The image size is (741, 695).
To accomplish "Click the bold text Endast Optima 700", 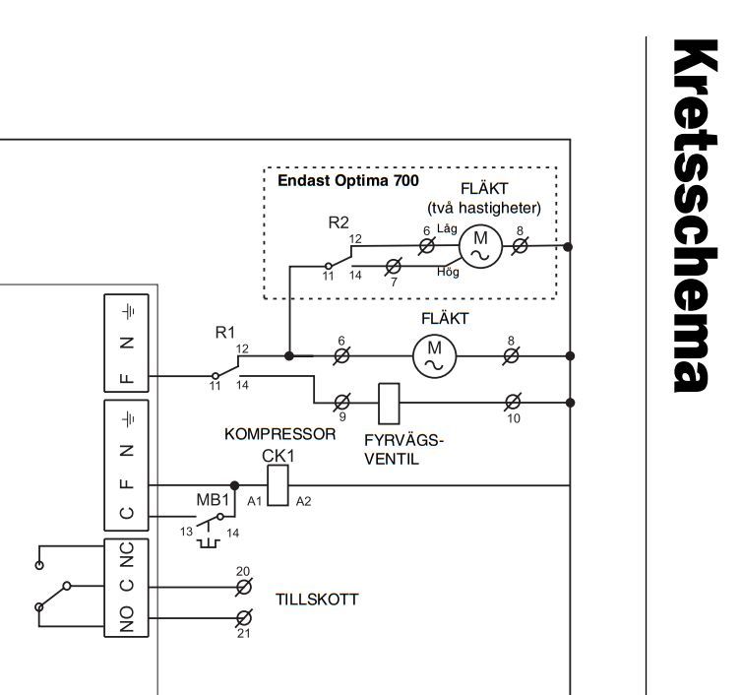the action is pyautogui.click(x=347, y=180).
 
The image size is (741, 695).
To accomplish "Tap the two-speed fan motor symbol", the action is pyautogui.click(x=480, y=246).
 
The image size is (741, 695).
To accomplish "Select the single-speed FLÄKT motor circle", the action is pyautogui.click(x=434, y=355).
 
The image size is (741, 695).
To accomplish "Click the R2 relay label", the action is pyautogui.click(x=339, y=222).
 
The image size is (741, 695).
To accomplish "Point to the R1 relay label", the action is pyautogui.click(x=225, y=333).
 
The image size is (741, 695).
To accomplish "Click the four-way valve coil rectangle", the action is pyautogui.click(x=389, y=404).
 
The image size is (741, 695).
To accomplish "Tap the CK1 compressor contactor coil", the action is pyautogui.click(x=278, y=485).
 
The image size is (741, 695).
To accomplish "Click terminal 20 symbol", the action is pyautogui.click(x=244, y=587).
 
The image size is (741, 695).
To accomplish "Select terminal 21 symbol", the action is pyautogui.click(x=244, y=618).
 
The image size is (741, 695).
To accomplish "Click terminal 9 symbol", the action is pyautogui.click(x=341, y=403).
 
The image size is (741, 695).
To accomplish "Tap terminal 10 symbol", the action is pyautogui.click(x=513, y=403).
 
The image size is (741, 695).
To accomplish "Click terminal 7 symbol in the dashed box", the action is pyautogui.click(x=393, y=267).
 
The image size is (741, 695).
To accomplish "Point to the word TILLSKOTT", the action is pyautogui.click(x=317, y=600).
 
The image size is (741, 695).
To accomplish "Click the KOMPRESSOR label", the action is pyautogui.click(x=279, y=434).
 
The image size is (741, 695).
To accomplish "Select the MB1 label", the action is pyautogui.click(x=213, y=499).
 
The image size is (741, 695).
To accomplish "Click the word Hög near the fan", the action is pyautogui.click(x=448, y=272).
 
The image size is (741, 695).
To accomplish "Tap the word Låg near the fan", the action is pyautogui.click(x=447, y=228).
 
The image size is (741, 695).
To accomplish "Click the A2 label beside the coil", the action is pyautogui.click(x=303, y=501).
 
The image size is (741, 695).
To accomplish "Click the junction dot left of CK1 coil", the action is pyautogui.click(x=234, y=485).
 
